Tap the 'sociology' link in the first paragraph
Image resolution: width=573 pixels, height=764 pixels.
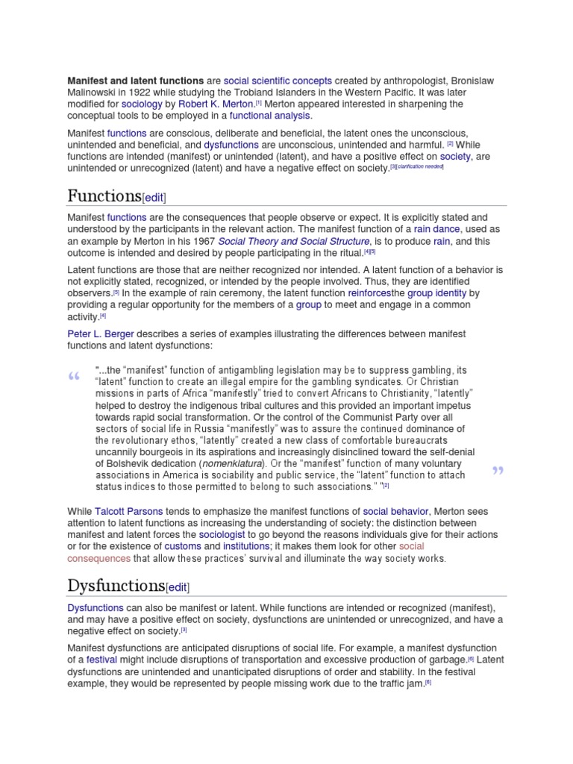(142, 104)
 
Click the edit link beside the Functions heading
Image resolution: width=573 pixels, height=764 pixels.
(154, 197)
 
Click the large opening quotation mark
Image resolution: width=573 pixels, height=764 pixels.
(73, 378)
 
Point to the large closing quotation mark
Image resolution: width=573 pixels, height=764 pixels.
(498, 471)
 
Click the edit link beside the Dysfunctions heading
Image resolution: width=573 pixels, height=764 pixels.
(177, 586)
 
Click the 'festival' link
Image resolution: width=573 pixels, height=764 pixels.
(101, 660)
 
